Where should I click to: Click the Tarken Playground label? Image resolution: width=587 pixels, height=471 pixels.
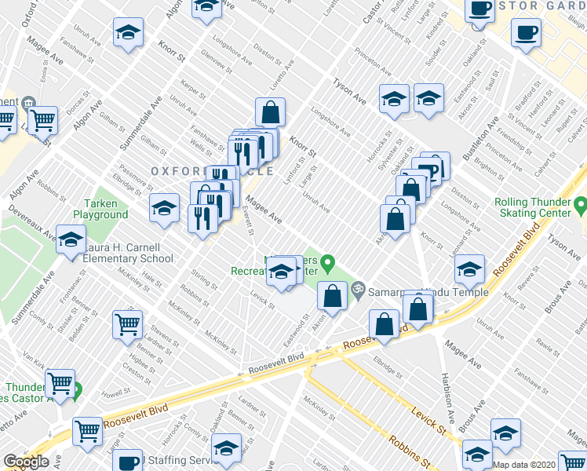[x=100, y=209]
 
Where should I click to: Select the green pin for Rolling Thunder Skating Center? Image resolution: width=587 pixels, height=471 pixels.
[x=580, y=206]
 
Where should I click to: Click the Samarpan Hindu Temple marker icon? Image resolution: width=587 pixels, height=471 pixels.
[x=359, y=290]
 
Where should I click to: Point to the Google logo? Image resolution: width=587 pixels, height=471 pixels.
[x=25, y=462]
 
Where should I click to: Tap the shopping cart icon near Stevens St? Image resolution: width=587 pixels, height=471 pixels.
[x=127, y=323]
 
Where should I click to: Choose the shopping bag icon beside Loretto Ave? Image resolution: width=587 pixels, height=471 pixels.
[x=270, y=112]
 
